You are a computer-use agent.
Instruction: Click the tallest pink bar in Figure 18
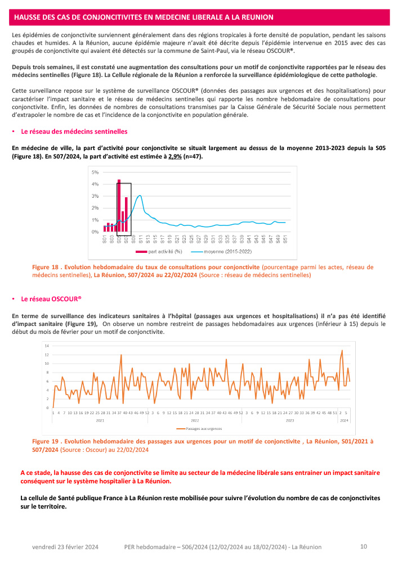(119, 206)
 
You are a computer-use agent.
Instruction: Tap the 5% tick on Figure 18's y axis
(95, 172)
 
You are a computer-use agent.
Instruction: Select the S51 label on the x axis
(285, 239)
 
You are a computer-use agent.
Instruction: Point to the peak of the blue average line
(140, 196)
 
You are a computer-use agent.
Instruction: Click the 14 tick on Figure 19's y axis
(47, 346)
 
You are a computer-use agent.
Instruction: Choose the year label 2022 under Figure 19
(194, 420)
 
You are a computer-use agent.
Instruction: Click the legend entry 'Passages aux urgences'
(203, 429)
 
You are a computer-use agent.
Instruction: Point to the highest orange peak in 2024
(342, 351)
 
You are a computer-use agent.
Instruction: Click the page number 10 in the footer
(364, 546)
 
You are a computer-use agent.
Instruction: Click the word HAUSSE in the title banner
(28, 17)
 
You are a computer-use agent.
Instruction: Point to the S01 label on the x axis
(105, 239)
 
